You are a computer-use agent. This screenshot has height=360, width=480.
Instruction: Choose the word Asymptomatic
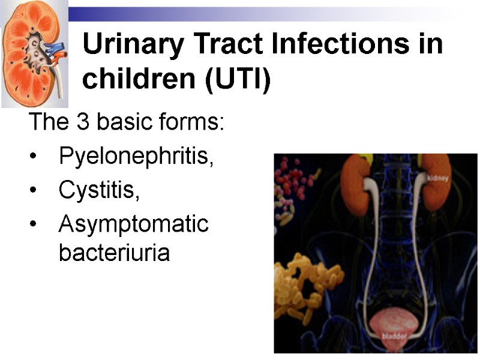coord(133,224)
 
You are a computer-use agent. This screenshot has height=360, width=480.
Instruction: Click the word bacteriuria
coord(114,253)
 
